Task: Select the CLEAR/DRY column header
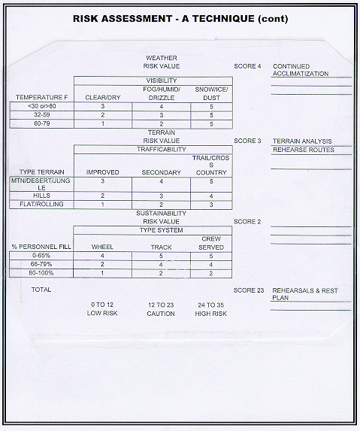[x=103, y=98]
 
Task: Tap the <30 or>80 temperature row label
[x=42, y=106]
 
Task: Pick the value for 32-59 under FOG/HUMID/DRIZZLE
[x=162, y=115]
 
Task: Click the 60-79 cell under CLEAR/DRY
[x=103, y=123]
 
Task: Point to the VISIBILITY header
[x=162, y=80]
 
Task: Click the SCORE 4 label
[x=247, y=66]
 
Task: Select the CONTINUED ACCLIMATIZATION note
[x=301, y=70]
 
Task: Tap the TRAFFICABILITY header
[x=162, y=149]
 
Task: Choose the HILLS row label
[x=42, y=196]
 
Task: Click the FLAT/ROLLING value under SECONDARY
[x=161, y=205]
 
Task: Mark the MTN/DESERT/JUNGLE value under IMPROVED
[x=103, y=181]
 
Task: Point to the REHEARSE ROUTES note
[x=304, y=150]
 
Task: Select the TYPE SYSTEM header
[x=161, y=230]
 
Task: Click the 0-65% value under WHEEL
[x=102, y=256]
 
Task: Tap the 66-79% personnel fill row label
[x=41, y=264]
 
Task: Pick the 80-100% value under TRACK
[x=161, y=274]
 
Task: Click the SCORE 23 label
[x=249, y=290]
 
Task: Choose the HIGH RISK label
[x=211, y=314]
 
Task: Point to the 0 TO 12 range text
[x=102, y=305]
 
